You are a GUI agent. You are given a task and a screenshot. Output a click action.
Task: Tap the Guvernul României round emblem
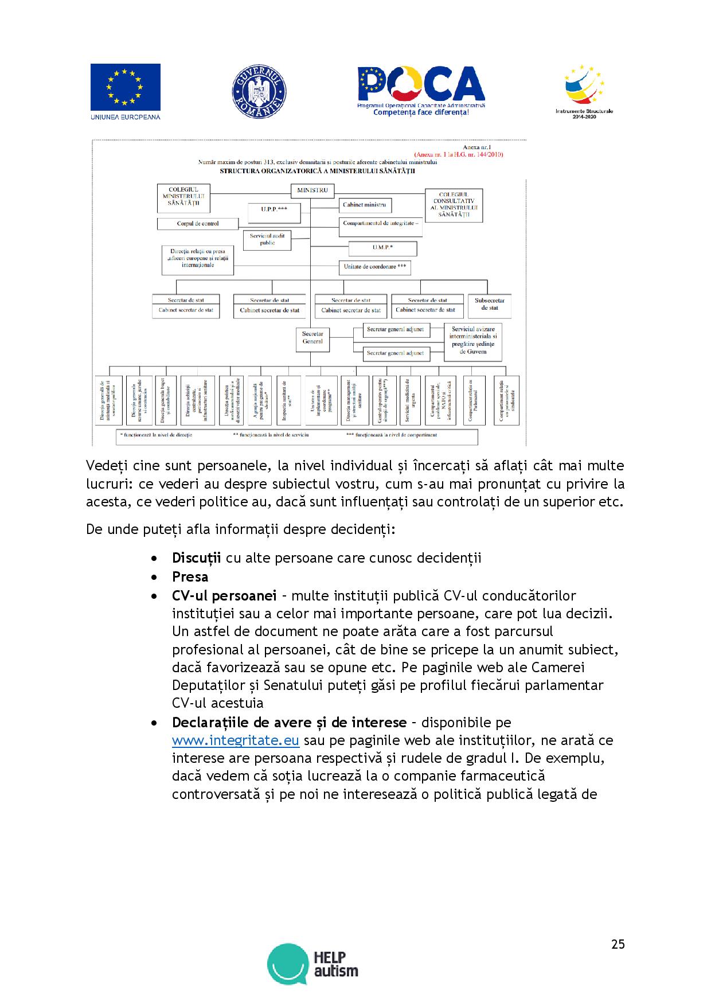coord(259,91)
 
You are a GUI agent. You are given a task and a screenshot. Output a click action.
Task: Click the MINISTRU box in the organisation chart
coord(312,190)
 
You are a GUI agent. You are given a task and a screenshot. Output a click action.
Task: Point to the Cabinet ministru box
coord(365,205)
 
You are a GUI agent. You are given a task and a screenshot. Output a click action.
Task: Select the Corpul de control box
coord(197,224)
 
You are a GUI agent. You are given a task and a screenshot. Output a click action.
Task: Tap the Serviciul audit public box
coord(267,239)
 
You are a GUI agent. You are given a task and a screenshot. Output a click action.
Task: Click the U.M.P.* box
coord(382,247)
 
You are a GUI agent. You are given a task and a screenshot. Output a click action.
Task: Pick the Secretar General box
coord(312,338)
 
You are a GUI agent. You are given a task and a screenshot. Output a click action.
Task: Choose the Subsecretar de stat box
coord(490,305)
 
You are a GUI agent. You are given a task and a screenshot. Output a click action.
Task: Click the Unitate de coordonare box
coord(375,267)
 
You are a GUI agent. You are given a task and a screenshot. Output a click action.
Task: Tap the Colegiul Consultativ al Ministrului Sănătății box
coord(454,205)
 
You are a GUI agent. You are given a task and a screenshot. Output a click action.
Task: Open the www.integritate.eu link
coord(236,740)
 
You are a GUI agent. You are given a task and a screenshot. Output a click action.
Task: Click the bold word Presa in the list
coord(190,576)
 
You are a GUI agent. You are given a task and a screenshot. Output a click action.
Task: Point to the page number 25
coord(618,944)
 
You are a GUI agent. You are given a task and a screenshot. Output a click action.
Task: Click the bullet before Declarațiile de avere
coord(153,723)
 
